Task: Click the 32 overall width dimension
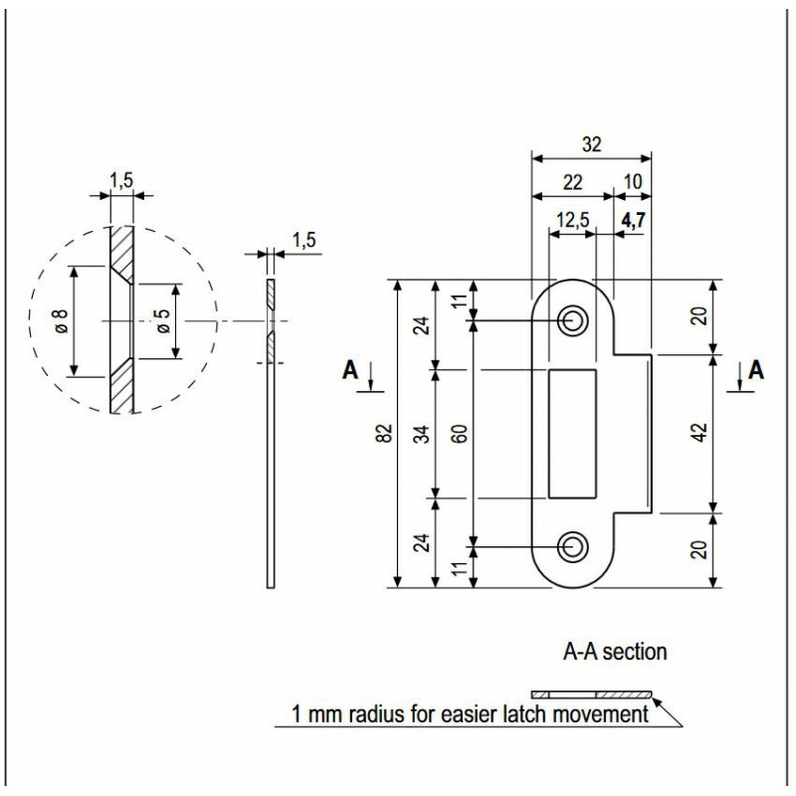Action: pos(592,143)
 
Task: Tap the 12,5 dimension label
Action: pos(571,221)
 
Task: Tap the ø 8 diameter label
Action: pos(60,321)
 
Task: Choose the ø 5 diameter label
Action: pos(160,321)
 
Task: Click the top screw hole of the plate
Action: pos(571,320)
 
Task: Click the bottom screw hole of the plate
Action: pos(571,544)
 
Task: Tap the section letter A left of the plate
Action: pos(349,370)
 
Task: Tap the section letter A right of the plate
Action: pos(756,370)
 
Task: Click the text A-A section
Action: pos(615,654)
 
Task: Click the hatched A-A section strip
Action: pos(591,694)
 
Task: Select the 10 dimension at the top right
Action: pos(633,181)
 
